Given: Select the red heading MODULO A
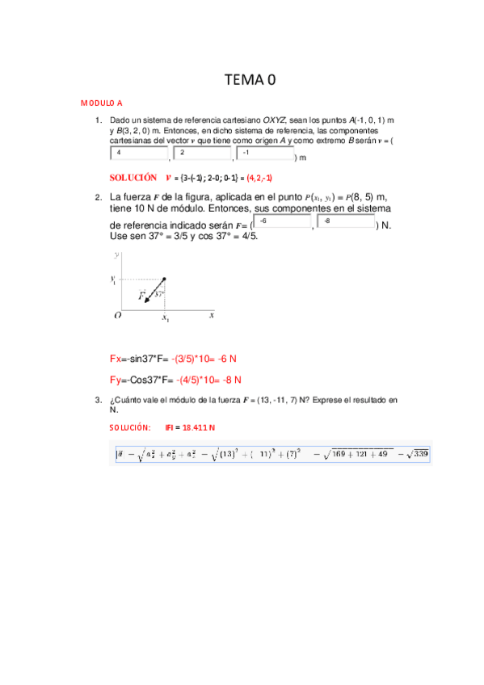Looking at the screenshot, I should [x=101, y=103].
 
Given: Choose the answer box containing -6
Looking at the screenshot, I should [x=282, y=221].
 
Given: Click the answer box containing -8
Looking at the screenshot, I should [x=347, y=221].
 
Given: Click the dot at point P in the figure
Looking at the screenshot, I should [x=164, y=280].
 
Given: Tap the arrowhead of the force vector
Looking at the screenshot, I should [x=146, y=301].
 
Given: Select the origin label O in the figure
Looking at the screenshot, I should [x=118, y=316].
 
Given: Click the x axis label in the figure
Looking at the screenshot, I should [x=212, y=315].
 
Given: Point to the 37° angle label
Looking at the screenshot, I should [x=160, y=294].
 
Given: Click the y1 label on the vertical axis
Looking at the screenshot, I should [x=114, y=280].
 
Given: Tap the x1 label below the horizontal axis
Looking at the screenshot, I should [x=165, y=320].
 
